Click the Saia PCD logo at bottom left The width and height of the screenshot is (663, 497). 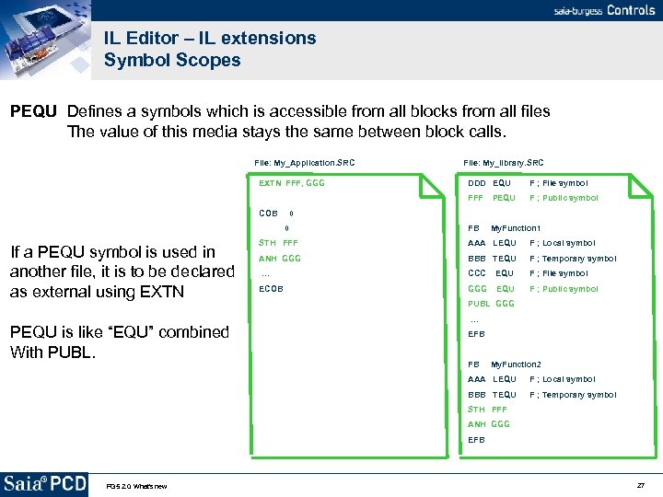coord(45,484)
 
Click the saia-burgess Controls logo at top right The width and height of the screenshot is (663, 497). coord(604,10)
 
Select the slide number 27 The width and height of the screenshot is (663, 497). coord(640,485)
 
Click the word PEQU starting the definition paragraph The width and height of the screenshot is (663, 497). coord(34,111)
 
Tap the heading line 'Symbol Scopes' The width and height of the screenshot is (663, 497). coord(172,61)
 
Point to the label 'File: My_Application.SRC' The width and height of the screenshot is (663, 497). coord(304,163)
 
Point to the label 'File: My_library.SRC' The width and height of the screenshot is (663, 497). coord(503,163)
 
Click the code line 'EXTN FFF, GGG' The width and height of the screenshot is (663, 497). coord(291,183)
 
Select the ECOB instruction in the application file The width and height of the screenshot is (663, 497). coord(271,288)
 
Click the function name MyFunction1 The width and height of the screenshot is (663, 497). coord(516,228)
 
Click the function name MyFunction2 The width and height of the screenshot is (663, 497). coord(516,364)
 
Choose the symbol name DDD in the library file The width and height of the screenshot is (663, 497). coord(476,183)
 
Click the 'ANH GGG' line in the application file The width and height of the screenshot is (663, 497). coord(280,259)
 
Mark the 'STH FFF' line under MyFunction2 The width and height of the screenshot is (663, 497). coord(487,409)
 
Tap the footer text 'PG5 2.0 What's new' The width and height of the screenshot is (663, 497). coord(136,486)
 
